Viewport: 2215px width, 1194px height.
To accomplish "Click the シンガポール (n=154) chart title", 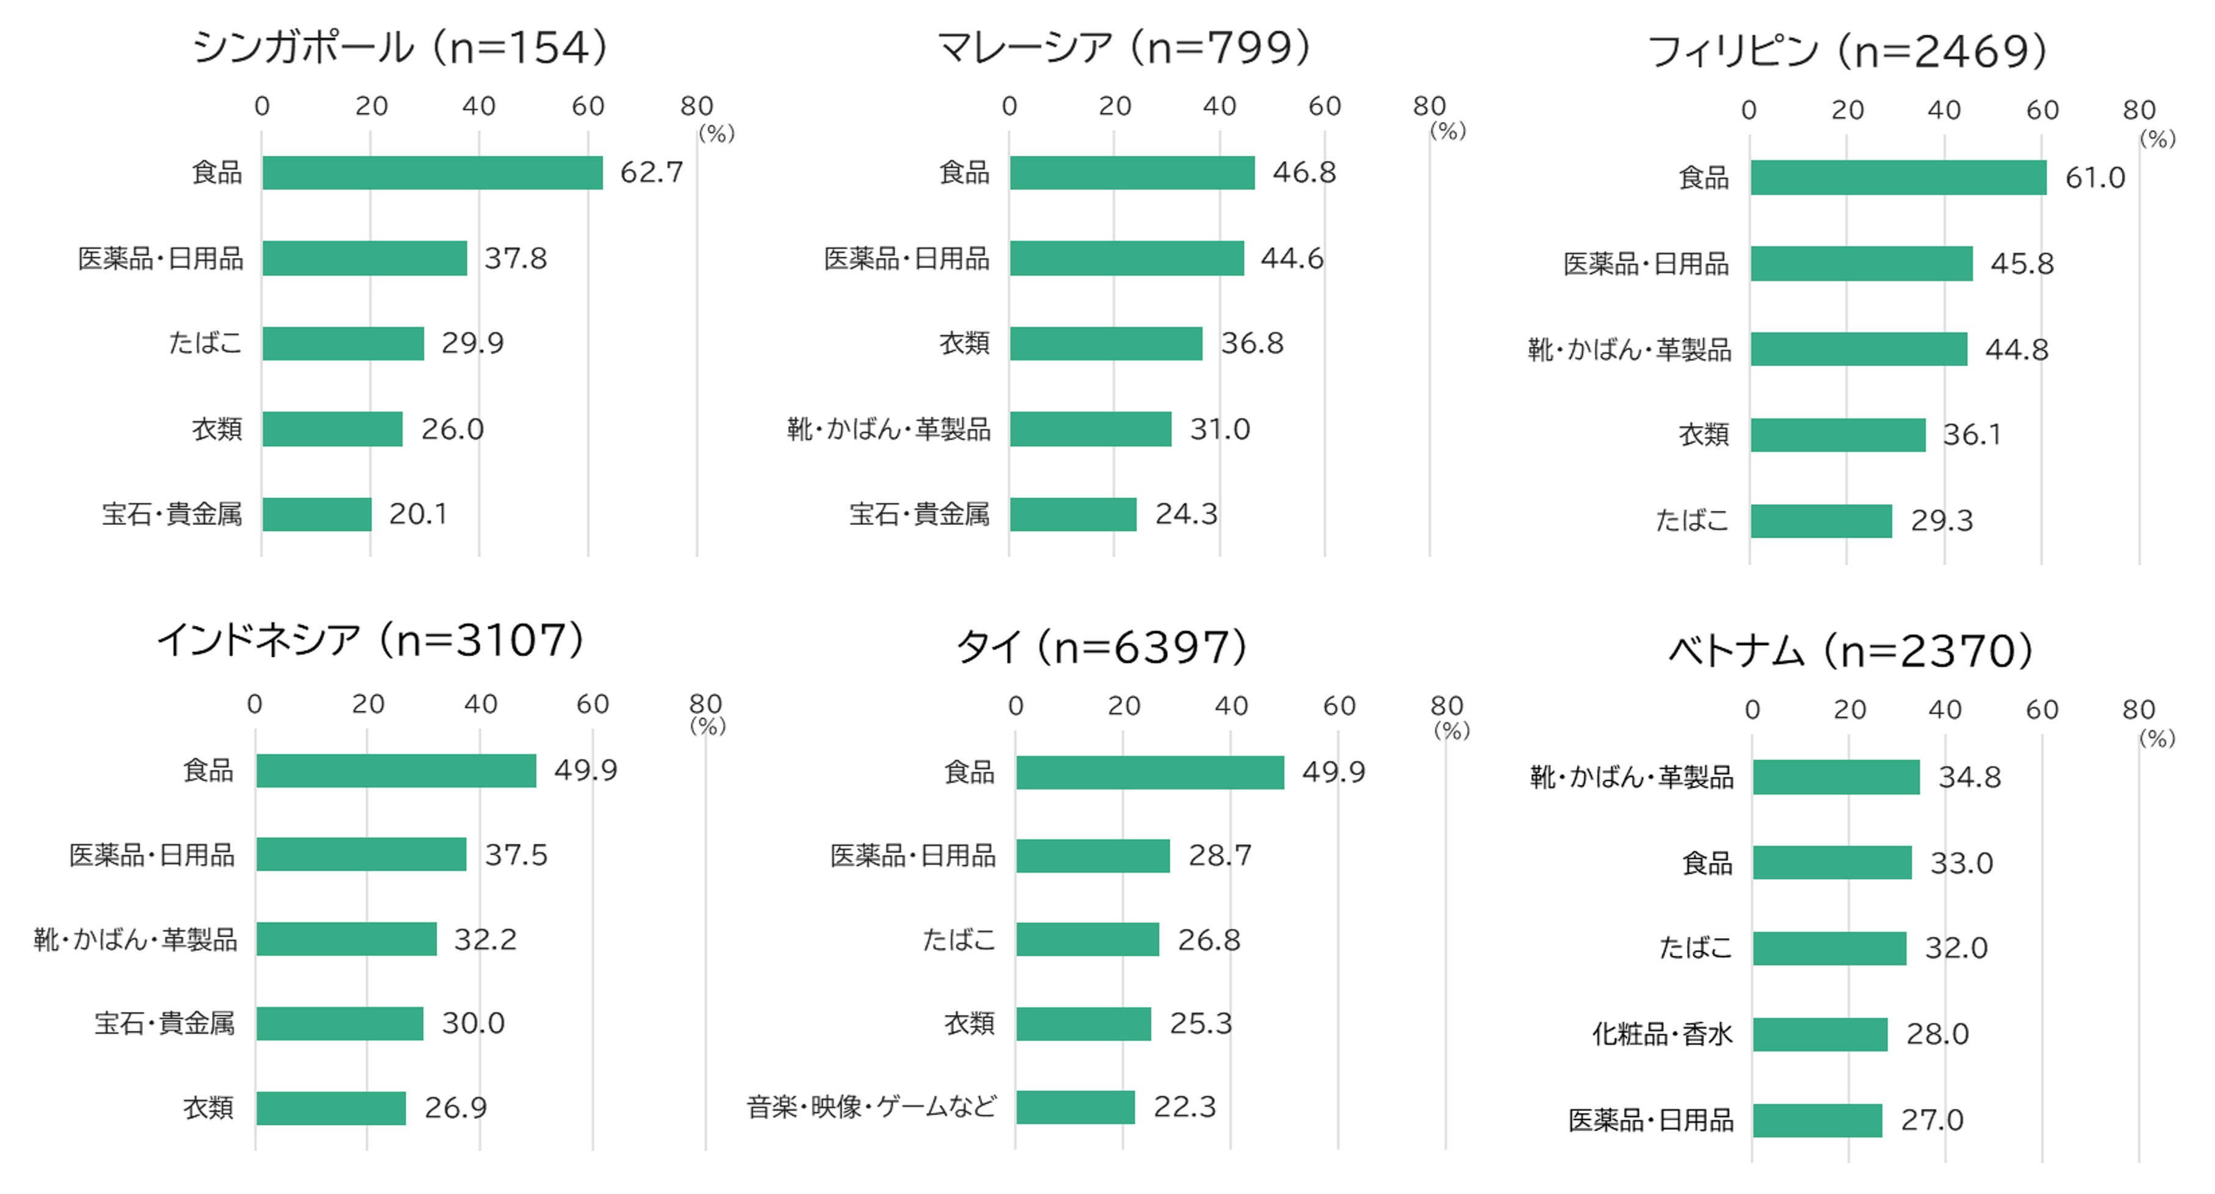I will click(400, 47).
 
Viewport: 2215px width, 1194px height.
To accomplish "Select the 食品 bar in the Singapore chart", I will click(433, 173).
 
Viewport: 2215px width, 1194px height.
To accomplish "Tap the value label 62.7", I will click(651, 173).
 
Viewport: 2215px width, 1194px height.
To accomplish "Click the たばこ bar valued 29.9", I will click(343, 343).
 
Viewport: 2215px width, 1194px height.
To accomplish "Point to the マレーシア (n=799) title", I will click(1123, 47).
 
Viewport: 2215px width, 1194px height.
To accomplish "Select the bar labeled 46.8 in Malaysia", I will click(1132, 173).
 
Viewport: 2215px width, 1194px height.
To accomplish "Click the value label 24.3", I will click(1186, 514).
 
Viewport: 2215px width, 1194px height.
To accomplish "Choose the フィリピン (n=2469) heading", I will click(1846, 51).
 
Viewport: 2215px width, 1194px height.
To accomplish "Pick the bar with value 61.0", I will click(1898, 178).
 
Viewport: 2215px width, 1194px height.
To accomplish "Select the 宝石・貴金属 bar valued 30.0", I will click(340, 1024).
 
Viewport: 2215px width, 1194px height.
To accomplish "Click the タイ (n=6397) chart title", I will click(1102, 647).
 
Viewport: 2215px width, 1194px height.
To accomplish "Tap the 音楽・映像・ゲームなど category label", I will click(871, 1107).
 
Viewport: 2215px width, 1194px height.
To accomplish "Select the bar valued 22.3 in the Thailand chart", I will click(1075, 1107).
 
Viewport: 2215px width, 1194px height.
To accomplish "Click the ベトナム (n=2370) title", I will click(1850, 651).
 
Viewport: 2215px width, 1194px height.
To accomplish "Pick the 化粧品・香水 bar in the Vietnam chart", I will click(1820, 1034).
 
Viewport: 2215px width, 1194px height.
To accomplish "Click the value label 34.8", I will click(1969, 777).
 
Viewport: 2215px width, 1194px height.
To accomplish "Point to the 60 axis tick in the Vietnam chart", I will click(2041, 710).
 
